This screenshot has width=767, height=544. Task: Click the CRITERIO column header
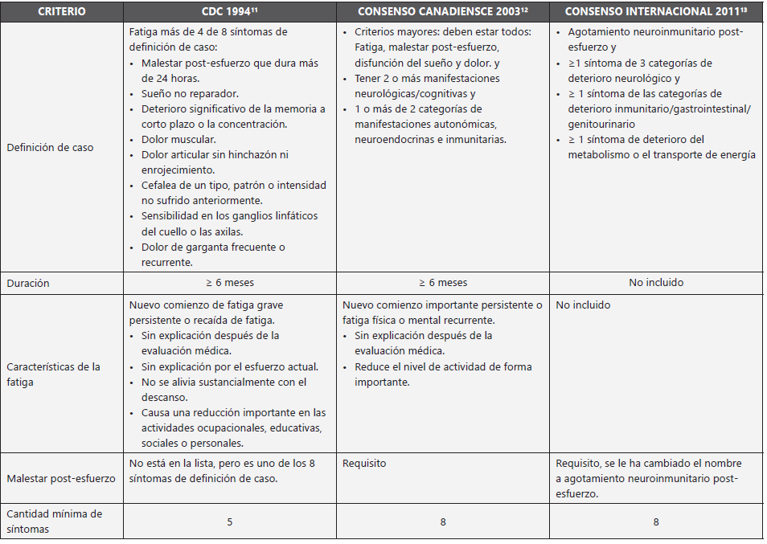coord(62,12)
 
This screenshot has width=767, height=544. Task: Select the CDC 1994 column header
coord(229,12)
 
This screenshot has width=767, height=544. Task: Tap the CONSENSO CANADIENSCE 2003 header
coord(442,12)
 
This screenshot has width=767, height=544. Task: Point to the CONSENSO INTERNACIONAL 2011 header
coord(656,12)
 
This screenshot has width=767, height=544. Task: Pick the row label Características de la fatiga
coord(53,374)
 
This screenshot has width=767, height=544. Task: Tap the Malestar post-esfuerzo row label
coord(61,478)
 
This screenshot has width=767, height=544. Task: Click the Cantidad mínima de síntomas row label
coord(54,521)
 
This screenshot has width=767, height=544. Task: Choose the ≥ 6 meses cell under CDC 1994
coord(229,283)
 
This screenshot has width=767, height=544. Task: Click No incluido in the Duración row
coord(656,283)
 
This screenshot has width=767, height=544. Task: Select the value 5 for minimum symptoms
coord(229,522)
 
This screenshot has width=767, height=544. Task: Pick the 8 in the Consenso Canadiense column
coord(442,522)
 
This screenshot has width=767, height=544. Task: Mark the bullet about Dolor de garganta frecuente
coord(213,247)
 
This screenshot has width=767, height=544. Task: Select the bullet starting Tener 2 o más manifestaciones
coord(427,79)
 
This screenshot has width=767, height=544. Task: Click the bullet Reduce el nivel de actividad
coord(441,367)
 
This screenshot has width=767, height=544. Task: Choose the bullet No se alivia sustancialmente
coord(224,382)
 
